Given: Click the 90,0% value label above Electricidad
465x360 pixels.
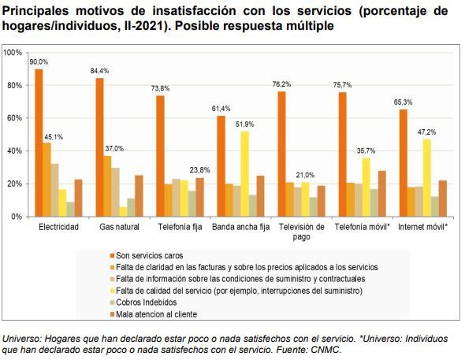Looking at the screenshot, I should [x=38, y=61].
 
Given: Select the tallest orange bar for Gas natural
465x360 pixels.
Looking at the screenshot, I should [x=100, y=147].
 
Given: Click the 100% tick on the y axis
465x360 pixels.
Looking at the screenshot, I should [x=12, y=53].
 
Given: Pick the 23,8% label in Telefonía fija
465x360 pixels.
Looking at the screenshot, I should [x=201, y=170].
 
